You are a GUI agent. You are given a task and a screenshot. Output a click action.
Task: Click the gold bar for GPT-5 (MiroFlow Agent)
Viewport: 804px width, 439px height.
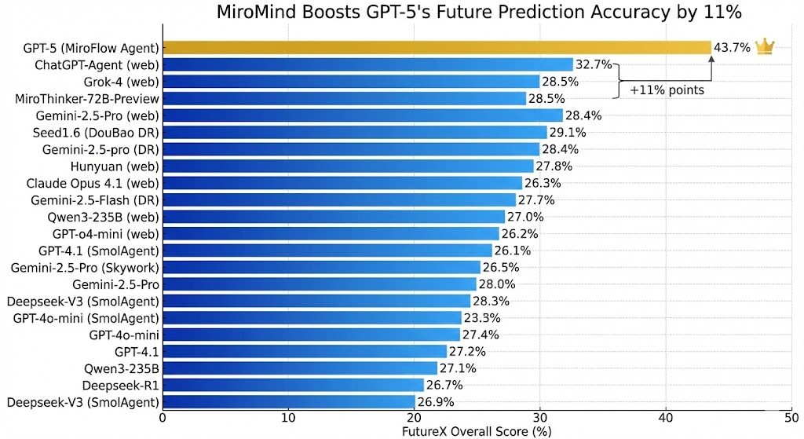click(x=436, y=48)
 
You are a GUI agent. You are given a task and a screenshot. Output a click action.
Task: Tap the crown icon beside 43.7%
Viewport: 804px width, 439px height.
click(x=764, y=47)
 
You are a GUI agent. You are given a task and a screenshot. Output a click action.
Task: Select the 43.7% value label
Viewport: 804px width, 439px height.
click(x=732, y=48)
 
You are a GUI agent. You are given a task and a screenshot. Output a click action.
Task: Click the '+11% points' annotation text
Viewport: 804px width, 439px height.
click(x=667, y=90)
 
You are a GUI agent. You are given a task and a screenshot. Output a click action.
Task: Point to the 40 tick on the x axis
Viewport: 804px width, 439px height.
click(x=666, y=417)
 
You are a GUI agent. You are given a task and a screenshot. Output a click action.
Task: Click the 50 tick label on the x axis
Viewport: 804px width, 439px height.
click(x=791, y=417)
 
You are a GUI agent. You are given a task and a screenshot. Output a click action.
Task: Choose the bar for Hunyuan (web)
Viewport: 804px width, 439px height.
click(x=348, y=166)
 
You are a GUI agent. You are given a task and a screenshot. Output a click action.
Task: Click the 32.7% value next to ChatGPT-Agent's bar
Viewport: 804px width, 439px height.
click(x=594, y=64)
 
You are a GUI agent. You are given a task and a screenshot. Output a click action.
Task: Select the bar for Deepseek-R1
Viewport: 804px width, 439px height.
click(x=293, y=386)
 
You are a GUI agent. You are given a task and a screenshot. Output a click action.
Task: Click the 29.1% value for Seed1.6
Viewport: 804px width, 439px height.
click(x=567, y=132)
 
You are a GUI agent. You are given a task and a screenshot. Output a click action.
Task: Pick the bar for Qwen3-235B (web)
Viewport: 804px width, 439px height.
click(x=334, y=217)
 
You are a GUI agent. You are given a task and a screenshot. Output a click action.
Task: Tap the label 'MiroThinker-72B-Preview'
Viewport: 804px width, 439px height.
click(x=87, y=99)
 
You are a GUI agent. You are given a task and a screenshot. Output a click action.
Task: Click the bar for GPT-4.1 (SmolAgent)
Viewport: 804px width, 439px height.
click(x=327, y=251)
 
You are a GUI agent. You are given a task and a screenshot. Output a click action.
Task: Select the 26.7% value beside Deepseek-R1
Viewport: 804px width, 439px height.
click(x=444, y=386)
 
